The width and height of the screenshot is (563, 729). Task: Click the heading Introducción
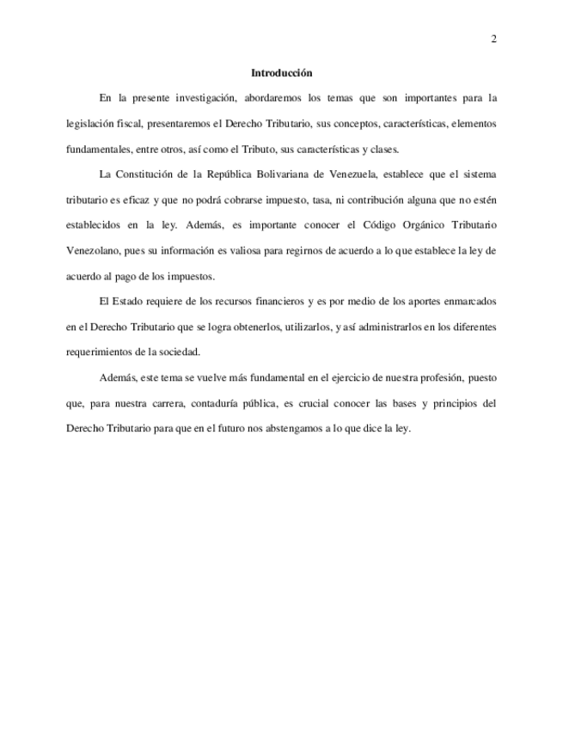281,73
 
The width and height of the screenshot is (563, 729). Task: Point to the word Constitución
151,175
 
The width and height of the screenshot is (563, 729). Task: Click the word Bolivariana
290,175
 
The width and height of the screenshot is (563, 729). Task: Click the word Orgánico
419,225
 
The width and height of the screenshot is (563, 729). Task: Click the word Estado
132,302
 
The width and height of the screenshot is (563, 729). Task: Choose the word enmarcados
466,302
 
